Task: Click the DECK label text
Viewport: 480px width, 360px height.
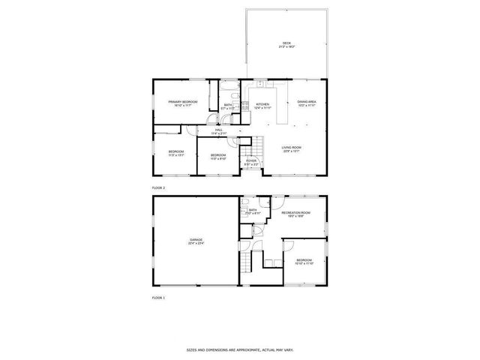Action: [x=286, y=43]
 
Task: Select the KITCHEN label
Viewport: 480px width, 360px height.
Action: [x=262, y=104]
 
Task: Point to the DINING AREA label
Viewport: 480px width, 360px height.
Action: [x=306, y=101]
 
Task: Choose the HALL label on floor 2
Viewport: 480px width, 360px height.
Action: [x=219, y=130]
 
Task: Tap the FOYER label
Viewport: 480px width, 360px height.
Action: [x=251, y=161]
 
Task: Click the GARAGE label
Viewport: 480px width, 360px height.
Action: [x=195, y=239]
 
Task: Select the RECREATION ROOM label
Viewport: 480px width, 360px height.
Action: [x=295, y=213]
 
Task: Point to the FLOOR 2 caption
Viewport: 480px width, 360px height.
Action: [x=158, y=187]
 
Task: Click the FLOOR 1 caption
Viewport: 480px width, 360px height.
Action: [x=158, y=298]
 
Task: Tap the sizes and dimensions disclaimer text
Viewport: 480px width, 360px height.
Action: [x=239, y=349]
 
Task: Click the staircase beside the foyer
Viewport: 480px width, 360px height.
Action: [x=257, y=145]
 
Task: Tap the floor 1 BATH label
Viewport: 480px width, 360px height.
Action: [x=253, y=211]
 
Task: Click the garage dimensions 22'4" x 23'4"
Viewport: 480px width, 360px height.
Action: [x=195, y=242]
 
